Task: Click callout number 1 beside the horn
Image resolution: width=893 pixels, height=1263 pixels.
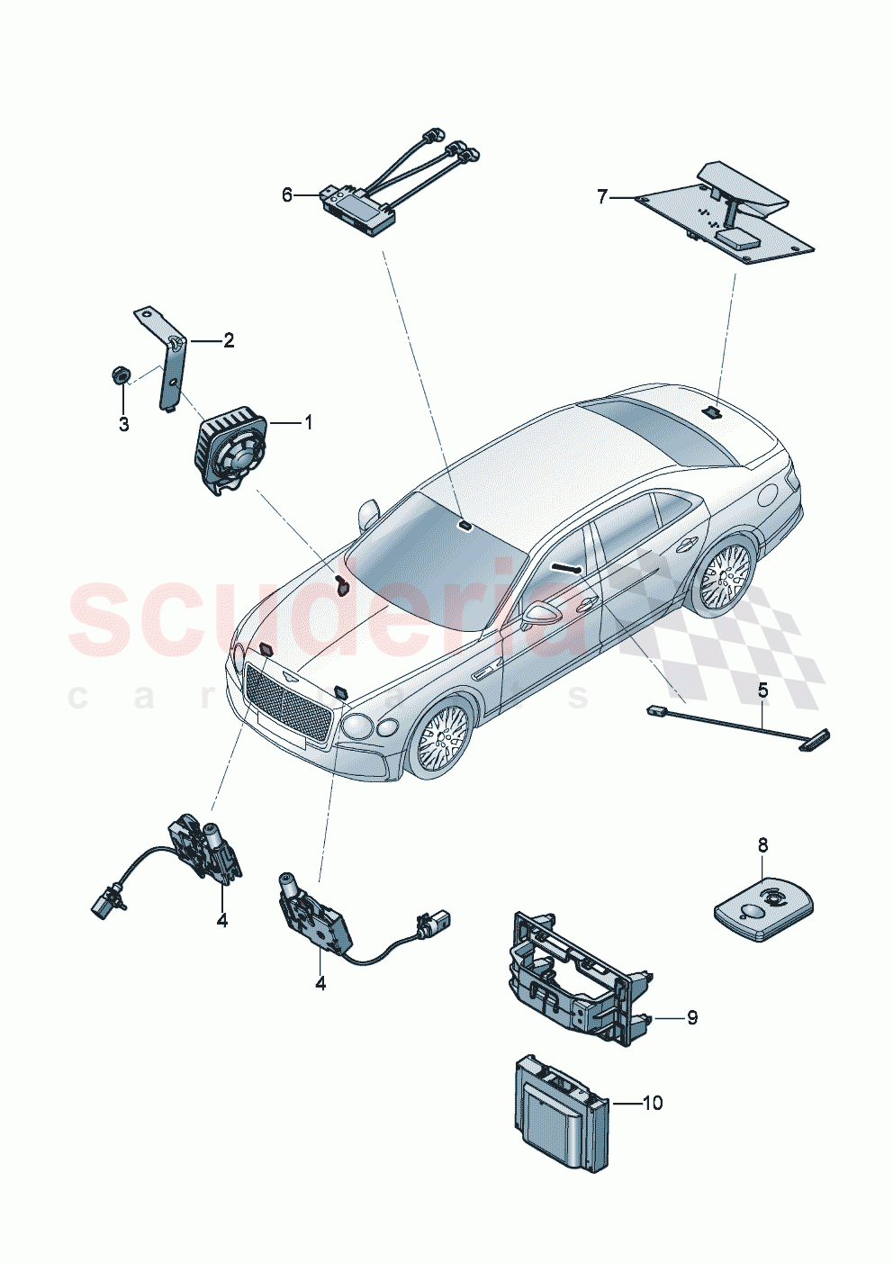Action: (x=308, y=421)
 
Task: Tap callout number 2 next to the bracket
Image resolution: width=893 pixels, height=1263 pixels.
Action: (x=229, y=340)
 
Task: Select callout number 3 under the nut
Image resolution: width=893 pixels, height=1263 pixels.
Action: (x=124, y=424)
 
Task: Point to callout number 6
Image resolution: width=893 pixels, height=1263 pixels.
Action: (x=288, y=194)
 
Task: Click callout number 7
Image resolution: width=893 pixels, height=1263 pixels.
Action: (x=603, y=195)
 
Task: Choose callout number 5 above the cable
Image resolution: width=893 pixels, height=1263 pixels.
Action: (x=762, y=691)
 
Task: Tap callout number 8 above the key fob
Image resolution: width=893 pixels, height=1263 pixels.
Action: (x=762, y=845)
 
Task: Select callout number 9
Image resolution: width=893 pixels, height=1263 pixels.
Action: (x=691, y=1018)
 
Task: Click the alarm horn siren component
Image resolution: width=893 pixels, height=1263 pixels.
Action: (x=231, y=448)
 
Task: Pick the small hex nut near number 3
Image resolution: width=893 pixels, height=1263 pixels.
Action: (x=119, y=374)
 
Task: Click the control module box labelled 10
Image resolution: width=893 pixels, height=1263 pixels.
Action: (x=556, y=1113)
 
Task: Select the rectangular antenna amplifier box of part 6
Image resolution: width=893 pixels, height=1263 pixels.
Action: (x=357, y=210)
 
